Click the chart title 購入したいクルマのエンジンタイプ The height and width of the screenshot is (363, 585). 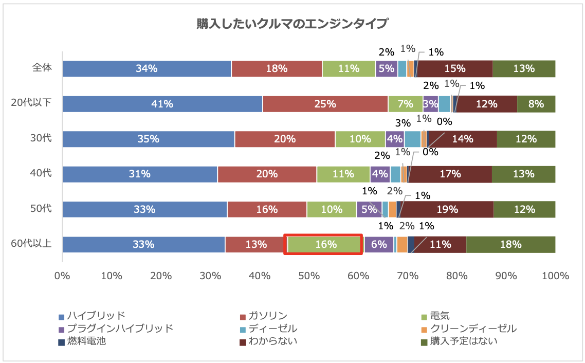tap(292, 24)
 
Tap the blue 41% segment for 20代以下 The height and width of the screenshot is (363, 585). tap(162, 104)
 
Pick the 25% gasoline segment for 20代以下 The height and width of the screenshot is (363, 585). tap(325, 104)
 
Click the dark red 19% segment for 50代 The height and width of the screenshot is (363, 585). tap(447, 209)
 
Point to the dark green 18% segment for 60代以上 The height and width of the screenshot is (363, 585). tap(510, 244)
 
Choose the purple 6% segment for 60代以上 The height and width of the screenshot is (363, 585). tap(379, 244)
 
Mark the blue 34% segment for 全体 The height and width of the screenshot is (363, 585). tap(147, 68)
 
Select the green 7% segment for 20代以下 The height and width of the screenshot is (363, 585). tap(405, 104)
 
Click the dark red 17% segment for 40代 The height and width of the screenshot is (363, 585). tap(450, 174)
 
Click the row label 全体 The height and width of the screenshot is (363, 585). tap(42, 67)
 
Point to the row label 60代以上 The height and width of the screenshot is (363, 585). tap(31, 243)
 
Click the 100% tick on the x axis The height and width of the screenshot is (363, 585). tap(555, 276)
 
